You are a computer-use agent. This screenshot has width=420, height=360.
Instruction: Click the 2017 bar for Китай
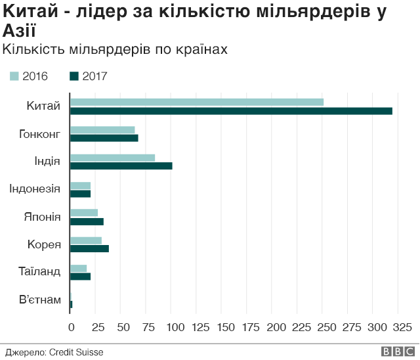pos(231,111)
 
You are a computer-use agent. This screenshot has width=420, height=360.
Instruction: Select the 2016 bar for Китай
pos(197,102)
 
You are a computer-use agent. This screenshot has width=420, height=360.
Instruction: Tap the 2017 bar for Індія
pos(121,166)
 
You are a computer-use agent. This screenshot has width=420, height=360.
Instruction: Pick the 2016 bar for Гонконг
pos(102,130)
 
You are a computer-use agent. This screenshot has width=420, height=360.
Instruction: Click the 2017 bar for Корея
pos(89,248)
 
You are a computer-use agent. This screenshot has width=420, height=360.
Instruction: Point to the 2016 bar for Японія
pos(84,212)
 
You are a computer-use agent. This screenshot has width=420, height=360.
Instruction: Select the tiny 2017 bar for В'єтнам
pos(71,304)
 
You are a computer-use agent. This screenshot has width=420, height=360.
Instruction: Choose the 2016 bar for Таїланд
pos(79,268)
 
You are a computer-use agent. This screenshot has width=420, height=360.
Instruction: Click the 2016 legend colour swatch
pos(14,76)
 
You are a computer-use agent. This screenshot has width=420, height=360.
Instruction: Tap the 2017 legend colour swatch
pos(74,76)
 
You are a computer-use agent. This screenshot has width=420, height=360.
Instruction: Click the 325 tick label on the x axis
pos(401,326)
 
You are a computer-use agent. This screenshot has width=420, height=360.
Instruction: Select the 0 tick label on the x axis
pos(71,326)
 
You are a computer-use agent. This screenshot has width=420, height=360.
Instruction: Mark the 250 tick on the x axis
pos(324,326)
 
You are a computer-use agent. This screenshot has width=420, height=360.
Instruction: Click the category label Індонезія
pos(35,189)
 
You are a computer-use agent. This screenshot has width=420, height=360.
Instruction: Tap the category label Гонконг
pos(40,134)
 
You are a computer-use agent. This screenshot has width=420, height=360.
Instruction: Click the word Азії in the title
pos(20,32)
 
